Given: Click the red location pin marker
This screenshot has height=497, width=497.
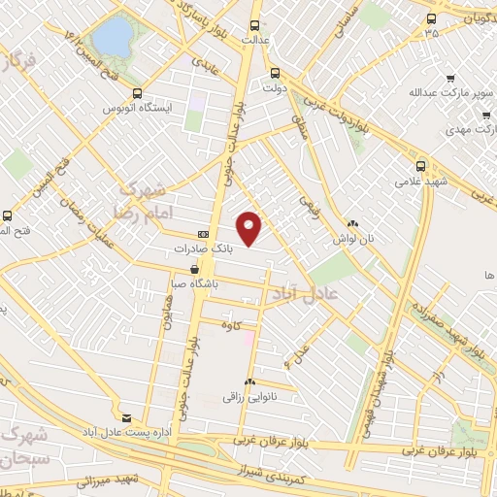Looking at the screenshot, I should [250, 227].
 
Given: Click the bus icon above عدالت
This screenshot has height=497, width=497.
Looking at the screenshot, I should [254, 26].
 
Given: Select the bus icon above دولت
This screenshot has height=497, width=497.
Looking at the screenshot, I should [275, 72].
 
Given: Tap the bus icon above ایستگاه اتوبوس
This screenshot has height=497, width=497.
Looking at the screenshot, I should [137, 95].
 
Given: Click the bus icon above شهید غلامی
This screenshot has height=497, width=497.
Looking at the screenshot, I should [419, 166].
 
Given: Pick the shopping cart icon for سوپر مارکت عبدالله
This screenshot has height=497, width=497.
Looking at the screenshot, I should [450, 79].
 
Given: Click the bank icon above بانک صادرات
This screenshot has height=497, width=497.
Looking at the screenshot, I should [203, 234].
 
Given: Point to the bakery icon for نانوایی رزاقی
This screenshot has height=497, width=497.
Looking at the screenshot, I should [250, 382].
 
